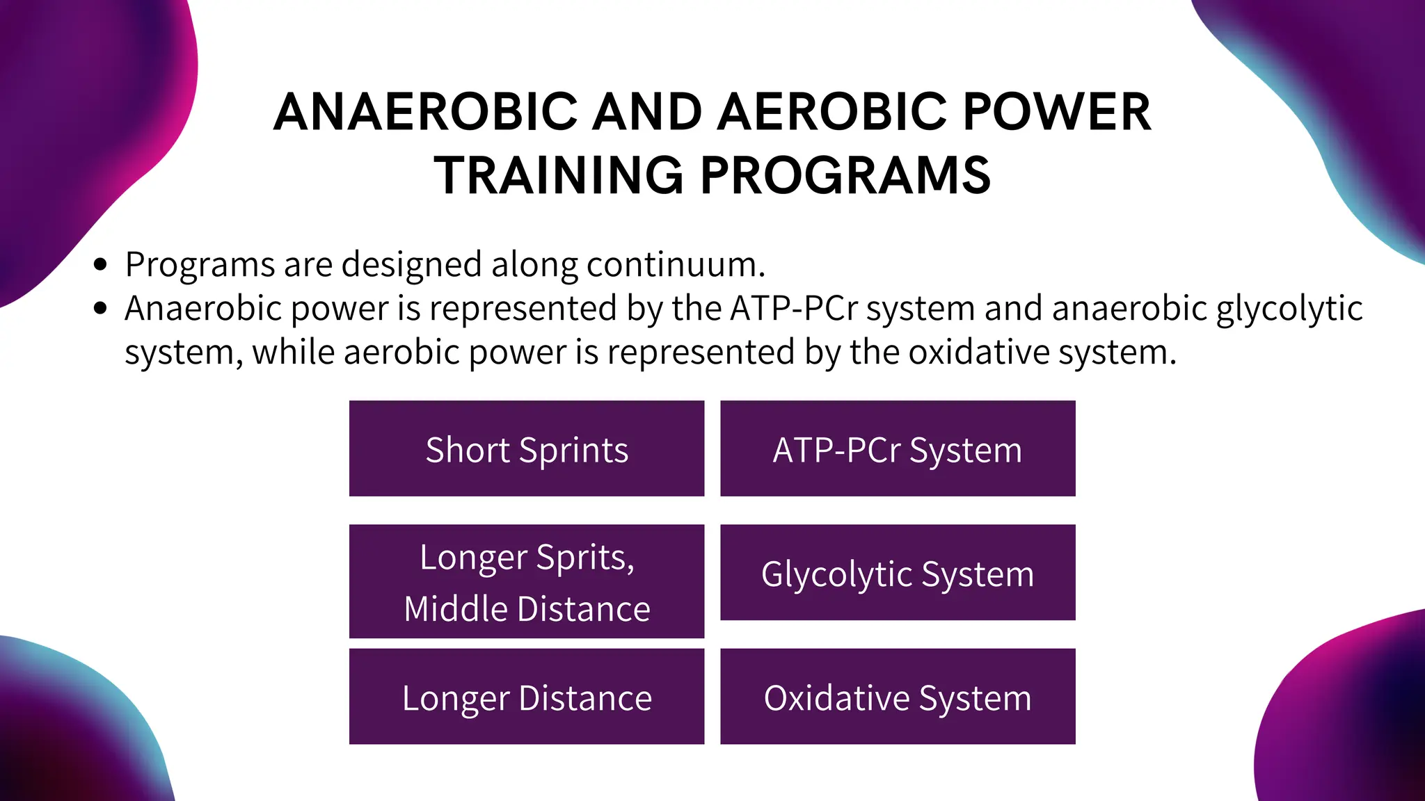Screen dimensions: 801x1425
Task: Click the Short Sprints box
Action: (x=527, y=449)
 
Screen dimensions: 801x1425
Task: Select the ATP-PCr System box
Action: (x=898, y=449)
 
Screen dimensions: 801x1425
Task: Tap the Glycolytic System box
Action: (x=898, y=573)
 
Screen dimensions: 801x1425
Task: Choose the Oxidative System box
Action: (x=898, y=697)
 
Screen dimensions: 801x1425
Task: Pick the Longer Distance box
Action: (x=527, y=697)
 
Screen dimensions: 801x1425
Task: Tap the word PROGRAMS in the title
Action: (x=845, y=175)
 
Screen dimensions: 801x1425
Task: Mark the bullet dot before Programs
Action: (x=102, y=264)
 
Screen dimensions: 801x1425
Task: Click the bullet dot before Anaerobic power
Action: (x=102, y=308)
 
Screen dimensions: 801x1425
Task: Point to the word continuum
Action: (x=676, y=264)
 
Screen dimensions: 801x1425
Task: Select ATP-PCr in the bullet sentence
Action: (x=793, y=308)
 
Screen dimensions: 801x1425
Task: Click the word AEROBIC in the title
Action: (x=832, y=112)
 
